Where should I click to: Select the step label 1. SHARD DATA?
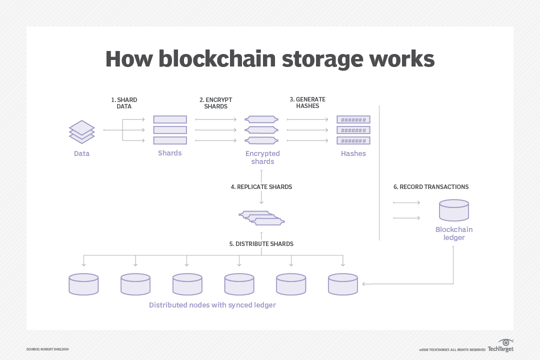(124, 103)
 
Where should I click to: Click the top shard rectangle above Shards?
(170, 119)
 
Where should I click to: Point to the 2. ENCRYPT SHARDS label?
(215, 103)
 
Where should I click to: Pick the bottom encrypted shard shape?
(261, 140)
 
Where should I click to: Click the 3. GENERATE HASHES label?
(307, 103)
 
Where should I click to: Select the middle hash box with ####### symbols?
(353, 130)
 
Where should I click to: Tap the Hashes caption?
(353, 153)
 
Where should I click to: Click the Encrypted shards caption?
(262, 157)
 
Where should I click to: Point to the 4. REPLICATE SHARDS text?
(261, 186)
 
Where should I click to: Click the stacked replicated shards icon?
(261, 217)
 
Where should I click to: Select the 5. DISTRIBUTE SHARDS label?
(261, 244)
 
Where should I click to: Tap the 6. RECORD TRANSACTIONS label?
(431, 186)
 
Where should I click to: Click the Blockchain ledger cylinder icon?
(454, 210)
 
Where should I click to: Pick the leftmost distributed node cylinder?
(83, 283)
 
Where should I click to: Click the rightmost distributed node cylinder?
(342, 283)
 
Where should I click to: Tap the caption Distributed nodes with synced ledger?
(212, 304)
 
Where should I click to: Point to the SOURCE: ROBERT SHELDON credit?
(47, 349)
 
